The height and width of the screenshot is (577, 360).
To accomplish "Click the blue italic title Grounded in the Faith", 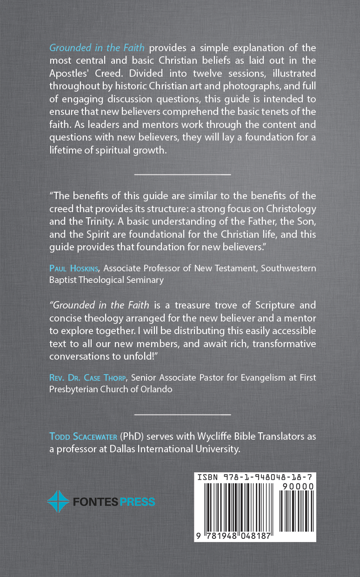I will pyautogui.click(x=97, y=48).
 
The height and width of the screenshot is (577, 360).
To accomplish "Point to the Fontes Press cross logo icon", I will pyautogui.click(x=58, y=502).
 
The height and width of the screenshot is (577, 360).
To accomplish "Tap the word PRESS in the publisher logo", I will pyautogui.click(x=137, y=502).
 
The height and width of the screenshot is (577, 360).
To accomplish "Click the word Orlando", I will pyautogui.click(x=156, y=389).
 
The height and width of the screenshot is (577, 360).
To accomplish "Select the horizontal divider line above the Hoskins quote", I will pyautogui.click(x=182, y=174).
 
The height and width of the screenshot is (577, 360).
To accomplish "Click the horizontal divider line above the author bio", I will pyautogui.click(x=182, y=414).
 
